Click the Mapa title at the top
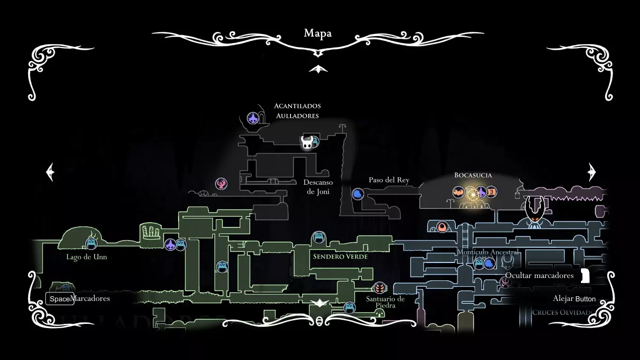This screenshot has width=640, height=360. [x=318, y=33]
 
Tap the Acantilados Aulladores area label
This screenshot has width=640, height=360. [x=298, y=111]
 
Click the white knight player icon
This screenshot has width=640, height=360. [x=307, y=142]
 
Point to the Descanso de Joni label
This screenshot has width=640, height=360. [x=318, y=187]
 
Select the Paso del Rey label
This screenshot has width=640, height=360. [x=389, y=180]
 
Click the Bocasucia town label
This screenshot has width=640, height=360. [x=473, y=175]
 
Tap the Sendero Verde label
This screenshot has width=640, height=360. [x=340, y=256]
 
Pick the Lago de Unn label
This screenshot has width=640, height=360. [x=87, y=257]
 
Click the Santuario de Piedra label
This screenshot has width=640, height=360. [x=386, y=302]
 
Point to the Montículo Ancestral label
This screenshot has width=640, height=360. [x=488, y=252]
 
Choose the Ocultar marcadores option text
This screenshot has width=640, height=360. [x=539, y=275]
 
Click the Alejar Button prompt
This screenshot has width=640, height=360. [x=574, y=299]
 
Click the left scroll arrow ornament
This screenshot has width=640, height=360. [x=51, y=172]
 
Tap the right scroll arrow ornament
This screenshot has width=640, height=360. [x=591, y=172]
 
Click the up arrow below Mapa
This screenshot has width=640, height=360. [x=318, y=69]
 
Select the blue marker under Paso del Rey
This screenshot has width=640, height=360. [x=358, y=194]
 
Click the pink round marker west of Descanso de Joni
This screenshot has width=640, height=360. [x=221, y=184]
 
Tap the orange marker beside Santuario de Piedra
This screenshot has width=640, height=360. [x=380, y=287]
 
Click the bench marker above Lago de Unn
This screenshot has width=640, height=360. [x=91, y=243]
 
